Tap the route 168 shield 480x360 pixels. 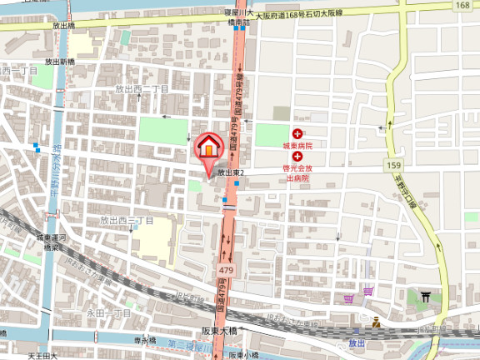click(463, 5)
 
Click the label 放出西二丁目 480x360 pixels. click(142, 89)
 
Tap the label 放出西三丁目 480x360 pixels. click(127, 221)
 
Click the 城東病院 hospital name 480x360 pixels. click(297, 146)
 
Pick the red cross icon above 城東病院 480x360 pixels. click(297, 133)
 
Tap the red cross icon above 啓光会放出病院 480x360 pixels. click(297, 156)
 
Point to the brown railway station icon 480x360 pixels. click(377, 322)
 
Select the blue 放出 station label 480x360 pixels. click(357, 342)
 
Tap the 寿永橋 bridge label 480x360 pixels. click(145, 341)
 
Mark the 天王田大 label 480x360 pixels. click(42, 356)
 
